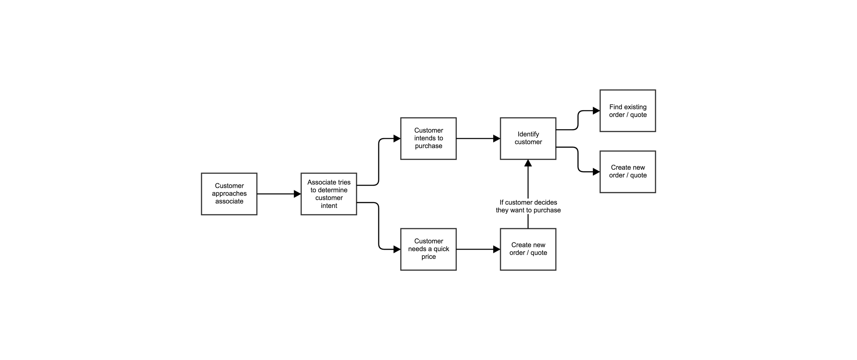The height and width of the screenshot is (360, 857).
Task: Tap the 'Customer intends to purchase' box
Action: (428, 138)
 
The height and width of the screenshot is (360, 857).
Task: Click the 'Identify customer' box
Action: (528, 138)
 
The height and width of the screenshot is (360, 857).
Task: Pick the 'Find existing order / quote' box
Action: (628, 111)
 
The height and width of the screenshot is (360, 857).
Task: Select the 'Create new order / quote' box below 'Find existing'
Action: (628, 172)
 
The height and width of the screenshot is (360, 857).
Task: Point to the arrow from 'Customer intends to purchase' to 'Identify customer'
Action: (476, 138)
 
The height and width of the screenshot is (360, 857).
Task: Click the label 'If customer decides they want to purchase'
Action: (528, 206)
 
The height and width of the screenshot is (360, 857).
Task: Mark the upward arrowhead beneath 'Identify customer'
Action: (528, 163)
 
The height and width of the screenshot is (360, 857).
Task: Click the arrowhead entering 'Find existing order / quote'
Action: (596, 111)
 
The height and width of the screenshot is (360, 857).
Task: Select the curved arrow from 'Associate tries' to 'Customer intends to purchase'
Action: (379, 160)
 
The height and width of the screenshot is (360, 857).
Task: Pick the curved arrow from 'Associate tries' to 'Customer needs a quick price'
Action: (379, 226)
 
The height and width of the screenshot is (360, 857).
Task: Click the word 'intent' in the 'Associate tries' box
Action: (329, 206)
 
